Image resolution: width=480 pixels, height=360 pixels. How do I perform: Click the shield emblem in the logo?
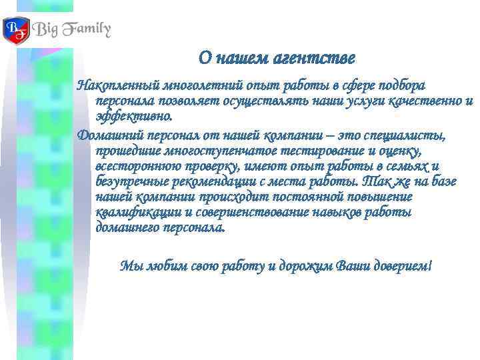tap(16, 29)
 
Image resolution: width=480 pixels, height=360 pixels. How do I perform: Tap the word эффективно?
tap(133, 117)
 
